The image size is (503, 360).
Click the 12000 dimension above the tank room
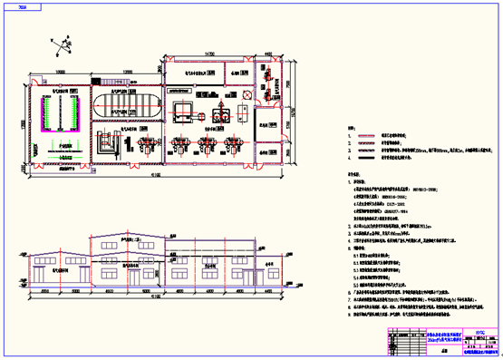[129, 71]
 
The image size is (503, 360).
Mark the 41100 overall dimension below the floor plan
[155, 175]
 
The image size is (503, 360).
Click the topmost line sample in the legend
[366, 133]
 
